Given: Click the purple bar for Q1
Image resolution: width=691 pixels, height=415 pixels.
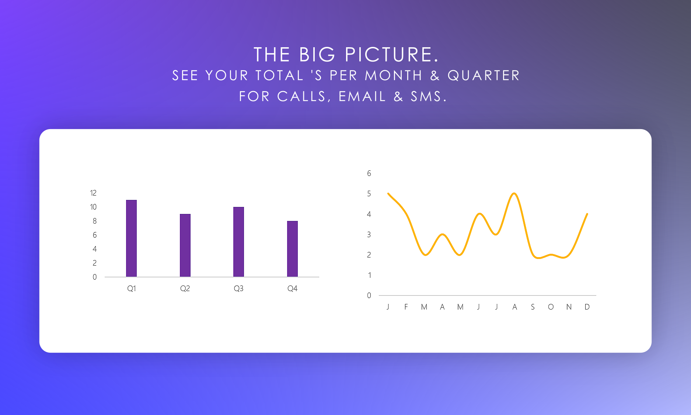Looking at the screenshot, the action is pyautogui.click(x=131, y=238).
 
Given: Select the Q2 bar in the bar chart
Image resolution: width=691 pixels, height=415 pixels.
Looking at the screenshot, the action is pyautogui.click(x=185, y=245).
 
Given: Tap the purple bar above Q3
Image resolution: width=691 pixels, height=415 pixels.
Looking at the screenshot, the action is pyautogui.click(x=238, y=242).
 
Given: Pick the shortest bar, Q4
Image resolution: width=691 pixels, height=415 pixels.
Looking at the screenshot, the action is pyautogui.click(x=292, y=249).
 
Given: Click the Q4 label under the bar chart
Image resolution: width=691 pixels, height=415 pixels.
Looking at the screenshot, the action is pyautogui.click(x=292, y=288).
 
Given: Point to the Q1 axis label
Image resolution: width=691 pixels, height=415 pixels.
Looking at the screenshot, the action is pyautogui.click(x=132, y=288).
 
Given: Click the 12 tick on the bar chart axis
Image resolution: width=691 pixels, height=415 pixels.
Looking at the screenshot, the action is pyautogui.click(x=93, y=193).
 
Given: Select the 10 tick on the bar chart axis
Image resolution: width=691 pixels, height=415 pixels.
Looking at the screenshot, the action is pyautogui.click(x=93, y=207).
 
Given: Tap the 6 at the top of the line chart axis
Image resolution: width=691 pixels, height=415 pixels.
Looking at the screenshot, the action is pyautogui.click(x=369, y=173).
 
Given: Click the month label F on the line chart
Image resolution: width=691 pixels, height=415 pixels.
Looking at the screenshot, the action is pyautogui.click(x=406, y=307).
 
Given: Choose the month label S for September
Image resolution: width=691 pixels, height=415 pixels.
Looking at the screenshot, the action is pyautogui.click(x=533, y=307).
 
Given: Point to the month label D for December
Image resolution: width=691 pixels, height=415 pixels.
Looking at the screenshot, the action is pyautogui.click(x=587, y=307).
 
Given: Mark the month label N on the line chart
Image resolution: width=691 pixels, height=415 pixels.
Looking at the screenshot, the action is pyautogui.click(x=569, y=307).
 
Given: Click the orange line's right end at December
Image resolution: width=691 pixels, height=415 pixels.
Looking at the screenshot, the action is pyautogui.click(x=587, y=214).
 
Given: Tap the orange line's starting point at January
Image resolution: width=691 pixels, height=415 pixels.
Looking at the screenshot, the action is pyautogui.click(x=388, y=193).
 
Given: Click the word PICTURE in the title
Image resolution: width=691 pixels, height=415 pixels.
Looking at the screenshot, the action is pyautogui.click(x=392, y=55).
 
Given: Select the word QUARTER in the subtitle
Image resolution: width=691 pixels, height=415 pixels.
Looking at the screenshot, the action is pyautogui.click(x=484, y=76).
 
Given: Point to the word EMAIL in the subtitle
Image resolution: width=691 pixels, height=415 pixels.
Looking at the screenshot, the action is pyautogui.click(x=362, y=96).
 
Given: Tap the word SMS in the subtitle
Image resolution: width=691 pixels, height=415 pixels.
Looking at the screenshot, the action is pyautogui.click(x=428, y=96).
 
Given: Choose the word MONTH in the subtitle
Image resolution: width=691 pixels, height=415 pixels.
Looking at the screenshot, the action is pyautogui.click(x=394, y=76).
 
